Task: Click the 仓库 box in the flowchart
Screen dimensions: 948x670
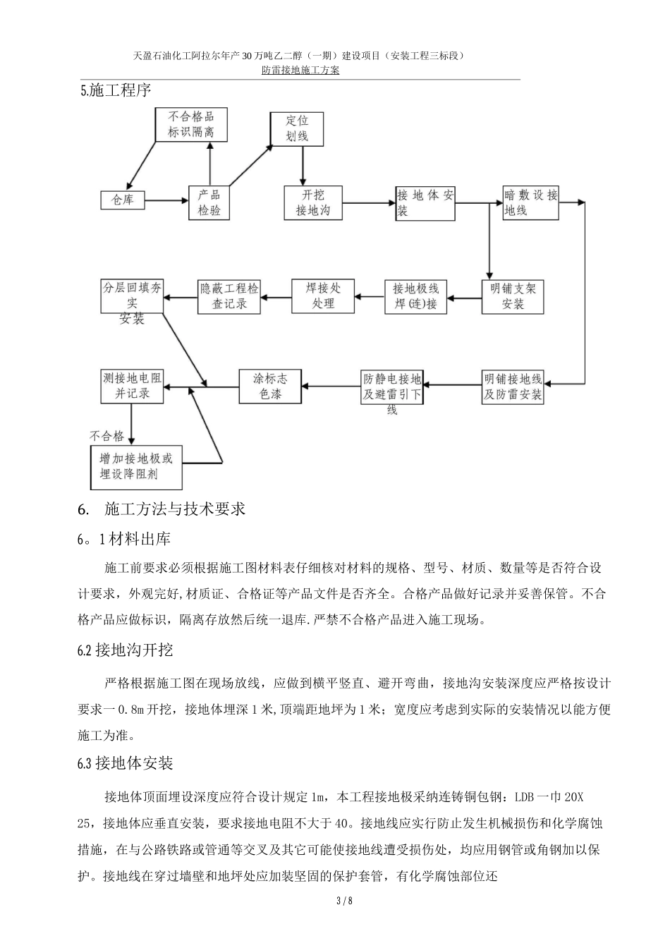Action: click(x=123, y=200)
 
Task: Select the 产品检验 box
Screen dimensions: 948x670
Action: click(x=209, y=202)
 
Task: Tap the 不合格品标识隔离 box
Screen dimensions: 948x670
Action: click(x=190, y=125)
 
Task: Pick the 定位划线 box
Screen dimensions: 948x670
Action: click(x=297, y=128)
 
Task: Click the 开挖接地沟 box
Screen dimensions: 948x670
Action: click(x=312, y=202)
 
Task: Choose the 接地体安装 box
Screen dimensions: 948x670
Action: click(x=425, y=202)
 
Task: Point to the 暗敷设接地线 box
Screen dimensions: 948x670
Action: click(x=530, y=202)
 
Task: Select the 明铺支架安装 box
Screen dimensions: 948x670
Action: click(x=513, y=296)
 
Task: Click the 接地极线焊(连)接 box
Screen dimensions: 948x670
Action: click(x=415, y=296)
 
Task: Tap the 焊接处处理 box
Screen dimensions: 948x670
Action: click(x=323, y=296)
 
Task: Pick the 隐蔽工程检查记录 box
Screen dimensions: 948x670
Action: click(x=229, y=296)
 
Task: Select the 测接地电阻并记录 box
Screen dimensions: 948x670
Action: click(x=133, y=386)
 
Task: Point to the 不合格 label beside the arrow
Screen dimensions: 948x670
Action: click(x=106, y=435)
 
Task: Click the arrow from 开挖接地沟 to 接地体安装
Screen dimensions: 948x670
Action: click(x=368, y=202)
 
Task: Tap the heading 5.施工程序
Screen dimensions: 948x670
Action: click(x=116, y=91)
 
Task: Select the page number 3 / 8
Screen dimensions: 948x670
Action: click(x=334, y=901)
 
